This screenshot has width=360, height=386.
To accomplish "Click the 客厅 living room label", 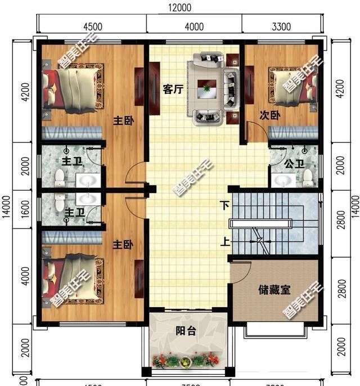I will [x=172, y=89].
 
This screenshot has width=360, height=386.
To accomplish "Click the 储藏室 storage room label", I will [x=274, y=290].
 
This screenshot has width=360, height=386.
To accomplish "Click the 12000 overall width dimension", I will [x=180, y=7].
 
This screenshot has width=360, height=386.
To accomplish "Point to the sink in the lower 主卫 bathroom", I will [x=86, y=199].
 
